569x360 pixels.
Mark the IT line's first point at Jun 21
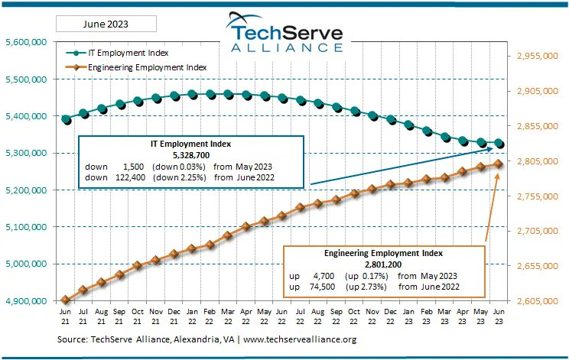pos(66,119)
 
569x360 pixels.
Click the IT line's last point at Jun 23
pos(499,143)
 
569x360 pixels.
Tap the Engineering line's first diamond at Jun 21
pos(66,300)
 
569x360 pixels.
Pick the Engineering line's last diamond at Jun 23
pos(499,164)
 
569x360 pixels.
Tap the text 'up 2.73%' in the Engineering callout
pos(366,286)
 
